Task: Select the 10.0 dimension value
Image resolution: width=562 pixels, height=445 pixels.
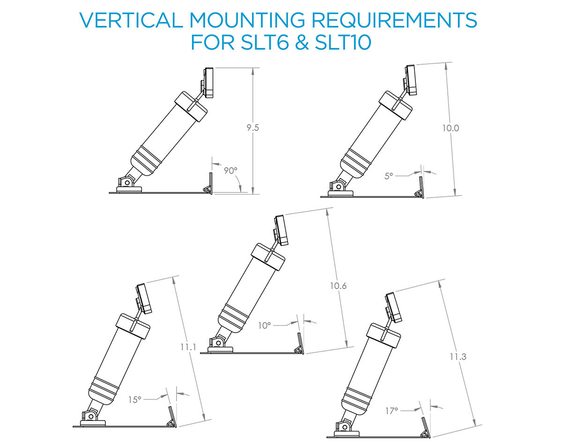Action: click(450, 127)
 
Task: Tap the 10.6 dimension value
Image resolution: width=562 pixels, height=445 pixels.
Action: click(337, 286)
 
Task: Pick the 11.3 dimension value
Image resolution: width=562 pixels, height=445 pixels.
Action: click(458, 356)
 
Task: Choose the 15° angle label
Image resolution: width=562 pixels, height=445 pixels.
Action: click(135, 400)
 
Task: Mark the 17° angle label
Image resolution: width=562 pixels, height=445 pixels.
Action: click(392, 410)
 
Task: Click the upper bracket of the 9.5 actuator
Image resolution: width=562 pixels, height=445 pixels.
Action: click(208, 83)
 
